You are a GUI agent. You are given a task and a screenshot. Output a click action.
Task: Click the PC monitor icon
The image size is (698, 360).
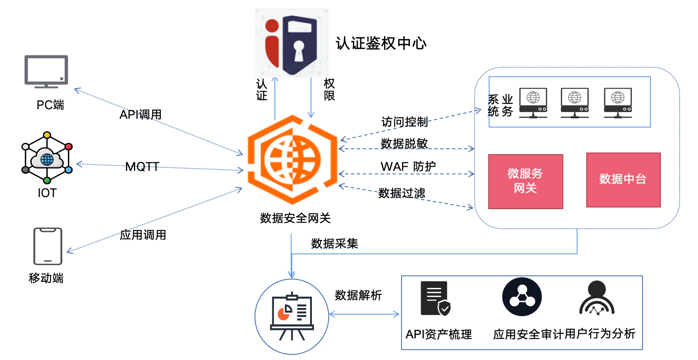tap(46, 71)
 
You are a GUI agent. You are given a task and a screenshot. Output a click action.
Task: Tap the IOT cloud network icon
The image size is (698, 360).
tap(47, 158)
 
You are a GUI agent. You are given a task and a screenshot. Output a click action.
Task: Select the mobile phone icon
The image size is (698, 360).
tap(48, 246)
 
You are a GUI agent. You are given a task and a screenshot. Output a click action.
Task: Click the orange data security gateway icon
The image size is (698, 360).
tap(292, 160)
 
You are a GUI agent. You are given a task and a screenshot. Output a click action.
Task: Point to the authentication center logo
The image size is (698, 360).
tap(291, 43)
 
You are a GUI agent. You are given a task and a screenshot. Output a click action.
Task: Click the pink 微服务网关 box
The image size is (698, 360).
tap(525, 181)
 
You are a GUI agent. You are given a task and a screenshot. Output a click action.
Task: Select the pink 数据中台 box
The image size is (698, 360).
tap(623, 180)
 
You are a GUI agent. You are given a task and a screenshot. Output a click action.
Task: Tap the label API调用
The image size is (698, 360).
tap(141, 115)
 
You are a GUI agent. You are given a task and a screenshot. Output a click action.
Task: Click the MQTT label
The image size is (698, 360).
tap(142, 167)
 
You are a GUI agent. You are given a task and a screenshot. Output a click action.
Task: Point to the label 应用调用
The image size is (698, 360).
tap(143, 235)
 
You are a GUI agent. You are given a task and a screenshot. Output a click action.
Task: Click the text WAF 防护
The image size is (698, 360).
tap(408, 167)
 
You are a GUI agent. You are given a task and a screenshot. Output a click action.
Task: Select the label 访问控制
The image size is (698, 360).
tap(404, 122)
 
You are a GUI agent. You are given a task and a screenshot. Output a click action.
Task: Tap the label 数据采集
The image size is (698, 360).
tap(334, 244)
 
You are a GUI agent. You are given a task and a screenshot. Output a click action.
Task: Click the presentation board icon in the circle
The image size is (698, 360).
tap(291, 316)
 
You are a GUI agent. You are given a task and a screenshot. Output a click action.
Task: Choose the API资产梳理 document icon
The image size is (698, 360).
tap(435, 299)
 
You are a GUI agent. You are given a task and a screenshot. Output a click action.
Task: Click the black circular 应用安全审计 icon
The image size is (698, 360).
tap(522, 297)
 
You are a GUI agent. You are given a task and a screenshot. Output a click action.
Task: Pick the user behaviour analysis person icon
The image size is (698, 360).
tap(597, 298)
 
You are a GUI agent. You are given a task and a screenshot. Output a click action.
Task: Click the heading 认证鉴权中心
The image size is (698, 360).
tap(381, 43)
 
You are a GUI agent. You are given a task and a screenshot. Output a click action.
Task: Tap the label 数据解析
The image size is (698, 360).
tap(358, 295)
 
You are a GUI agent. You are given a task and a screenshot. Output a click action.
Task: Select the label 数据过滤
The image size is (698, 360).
tap(402, 193)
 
